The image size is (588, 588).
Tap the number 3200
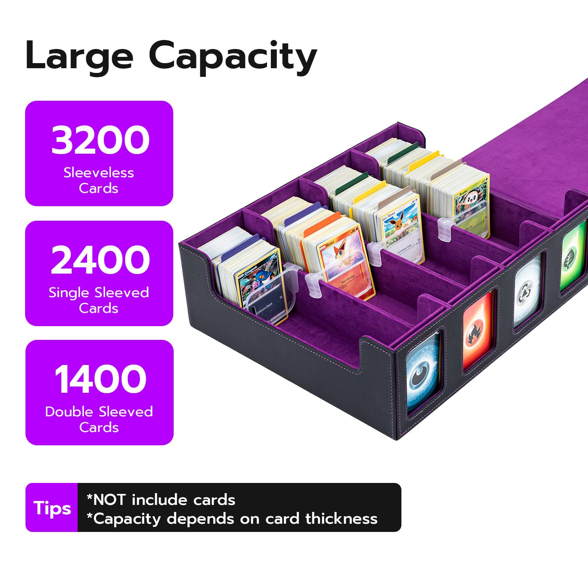tap(100, 140)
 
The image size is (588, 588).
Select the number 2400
tap(100, 260)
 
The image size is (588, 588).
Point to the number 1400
tap(100, 379)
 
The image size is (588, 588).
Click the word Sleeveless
tap(99, 172)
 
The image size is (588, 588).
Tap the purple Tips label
tap(52, 508)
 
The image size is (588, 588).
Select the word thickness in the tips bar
tap(341, 519)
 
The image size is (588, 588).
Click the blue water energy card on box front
tap(423, 371)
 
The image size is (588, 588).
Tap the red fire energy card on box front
tap(477, 330)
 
